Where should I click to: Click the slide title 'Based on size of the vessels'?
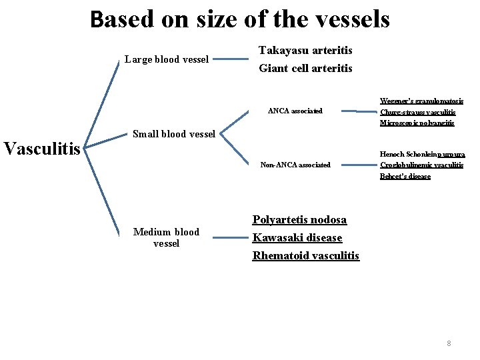point(240,19)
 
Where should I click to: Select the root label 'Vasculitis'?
point(42,147)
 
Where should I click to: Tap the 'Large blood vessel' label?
point(167,59)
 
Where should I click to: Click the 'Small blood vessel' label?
point(173,133)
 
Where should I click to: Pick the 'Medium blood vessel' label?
point(166,237)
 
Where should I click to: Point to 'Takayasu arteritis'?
point(305,51)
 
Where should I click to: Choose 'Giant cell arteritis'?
point(305,68)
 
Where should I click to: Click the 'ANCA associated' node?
point(295,111)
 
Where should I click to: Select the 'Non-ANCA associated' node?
point(295,165)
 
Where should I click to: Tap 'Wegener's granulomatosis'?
point(421,101)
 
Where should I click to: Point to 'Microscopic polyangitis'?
point(417,123)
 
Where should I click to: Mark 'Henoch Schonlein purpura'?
point(422,154)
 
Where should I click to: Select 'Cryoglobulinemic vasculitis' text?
point(421,165)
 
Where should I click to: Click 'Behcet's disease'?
point(405,176)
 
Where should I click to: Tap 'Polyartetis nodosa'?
point(299,220)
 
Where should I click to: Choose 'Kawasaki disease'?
point(297,238)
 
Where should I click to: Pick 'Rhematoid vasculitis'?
point(305,256)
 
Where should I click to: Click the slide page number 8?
point(449,343)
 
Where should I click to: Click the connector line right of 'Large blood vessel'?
point(233,59)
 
